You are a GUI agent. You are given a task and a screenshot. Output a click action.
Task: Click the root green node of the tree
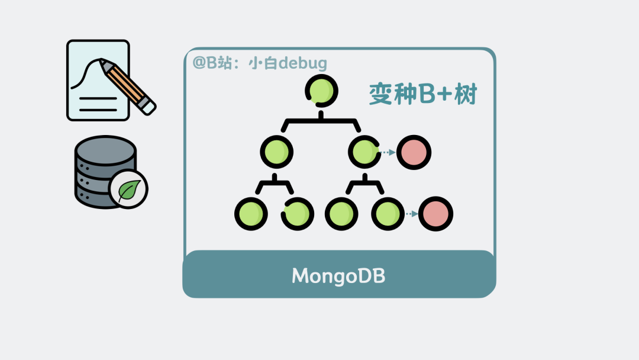click(x=322, y=91)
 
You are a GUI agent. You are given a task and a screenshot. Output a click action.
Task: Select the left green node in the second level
click(x=276, y=152)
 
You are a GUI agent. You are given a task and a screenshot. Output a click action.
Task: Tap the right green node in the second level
click(x=364, y=152)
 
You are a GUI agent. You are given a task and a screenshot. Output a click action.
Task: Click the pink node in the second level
click(x=414, y=152)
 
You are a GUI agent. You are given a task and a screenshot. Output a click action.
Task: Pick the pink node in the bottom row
click(x=435, y=214)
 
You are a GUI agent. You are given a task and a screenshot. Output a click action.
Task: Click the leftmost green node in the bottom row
click(x=251, y=214)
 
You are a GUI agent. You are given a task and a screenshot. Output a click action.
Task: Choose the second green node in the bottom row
click(x=298, y=214)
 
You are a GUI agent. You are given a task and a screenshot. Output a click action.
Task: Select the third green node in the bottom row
click(x=342, y=214)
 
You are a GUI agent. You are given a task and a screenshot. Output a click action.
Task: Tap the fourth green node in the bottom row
click(x=388, y=214)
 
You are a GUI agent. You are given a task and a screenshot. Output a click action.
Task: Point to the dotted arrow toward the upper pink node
click(x=388, y=153)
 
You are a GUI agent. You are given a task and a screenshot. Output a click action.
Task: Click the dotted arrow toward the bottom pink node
click(x=411, y=214)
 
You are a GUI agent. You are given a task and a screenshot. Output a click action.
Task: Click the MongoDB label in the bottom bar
click(x=338, y=276)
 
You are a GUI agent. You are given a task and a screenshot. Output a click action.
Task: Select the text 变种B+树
click(x=422, y=94)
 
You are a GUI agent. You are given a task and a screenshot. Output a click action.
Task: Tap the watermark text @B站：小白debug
click(x=260, y=63)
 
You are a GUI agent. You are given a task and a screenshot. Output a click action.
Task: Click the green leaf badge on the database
click(x=128, y=189)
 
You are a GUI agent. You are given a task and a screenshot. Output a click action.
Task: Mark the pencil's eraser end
click(x=147, y=107)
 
